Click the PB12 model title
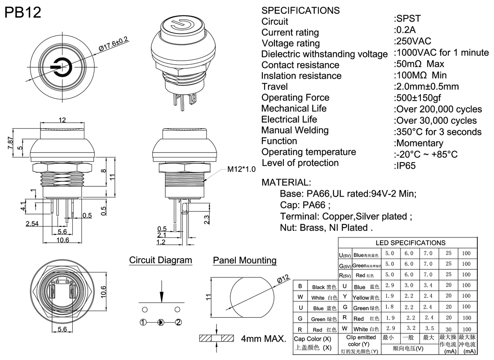[x=23, y=13]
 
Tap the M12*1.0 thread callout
[x=241, y=169]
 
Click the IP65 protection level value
[x=406, y=165]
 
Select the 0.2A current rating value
[x=406, y=30]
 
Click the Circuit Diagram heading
[x=160, y=260]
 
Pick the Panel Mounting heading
[x=244, y=260]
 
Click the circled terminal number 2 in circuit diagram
[x=178, y=322]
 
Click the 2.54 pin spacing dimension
[x=32, y=224]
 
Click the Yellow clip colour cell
[x=366, y=297]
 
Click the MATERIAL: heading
[x=286, y=183]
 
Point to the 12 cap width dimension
[x=62, y=119]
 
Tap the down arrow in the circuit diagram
[x=161, y=294]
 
